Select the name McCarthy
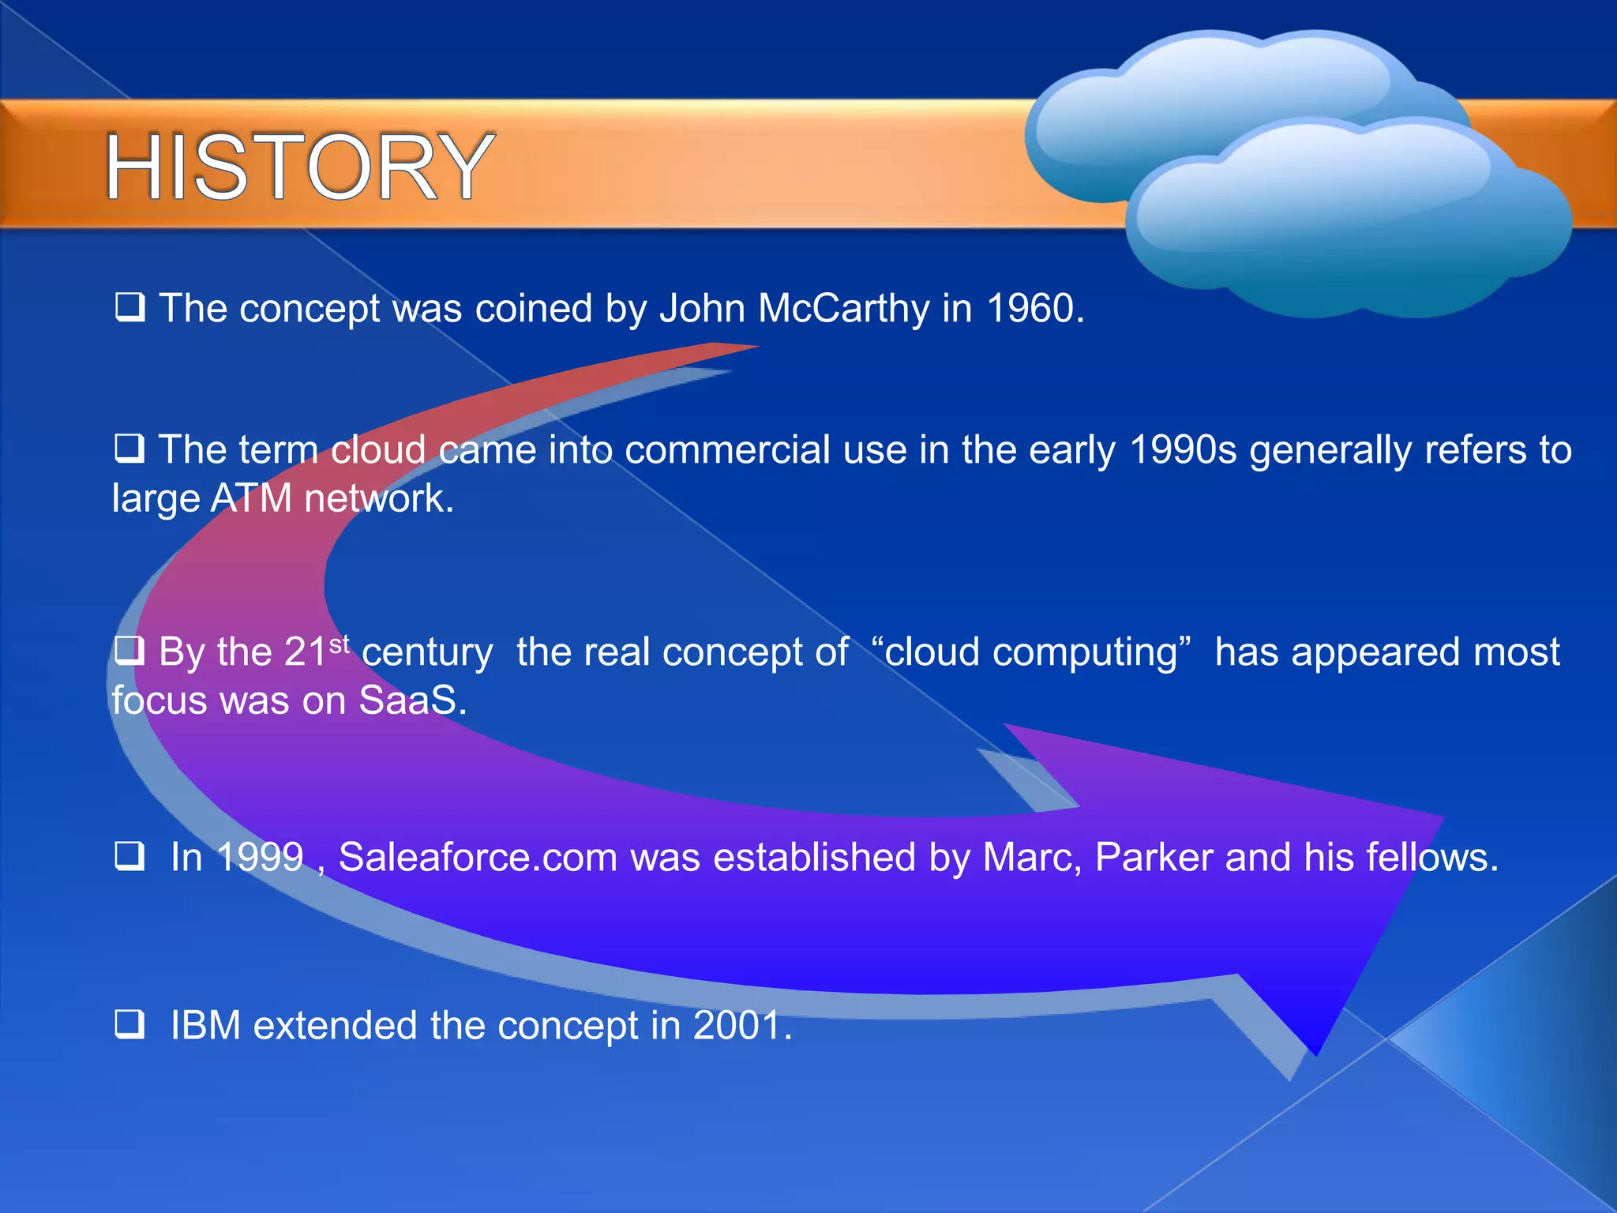[843, 308]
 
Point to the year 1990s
[1182, 450]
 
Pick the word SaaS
[407, 700]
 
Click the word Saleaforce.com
[478, 857]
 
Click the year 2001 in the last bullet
[737, 1025]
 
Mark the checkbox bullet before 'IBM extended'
[129, 1023]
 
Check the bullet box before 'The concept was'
[129, 307]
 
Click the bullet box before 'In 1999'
[129, 855]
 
